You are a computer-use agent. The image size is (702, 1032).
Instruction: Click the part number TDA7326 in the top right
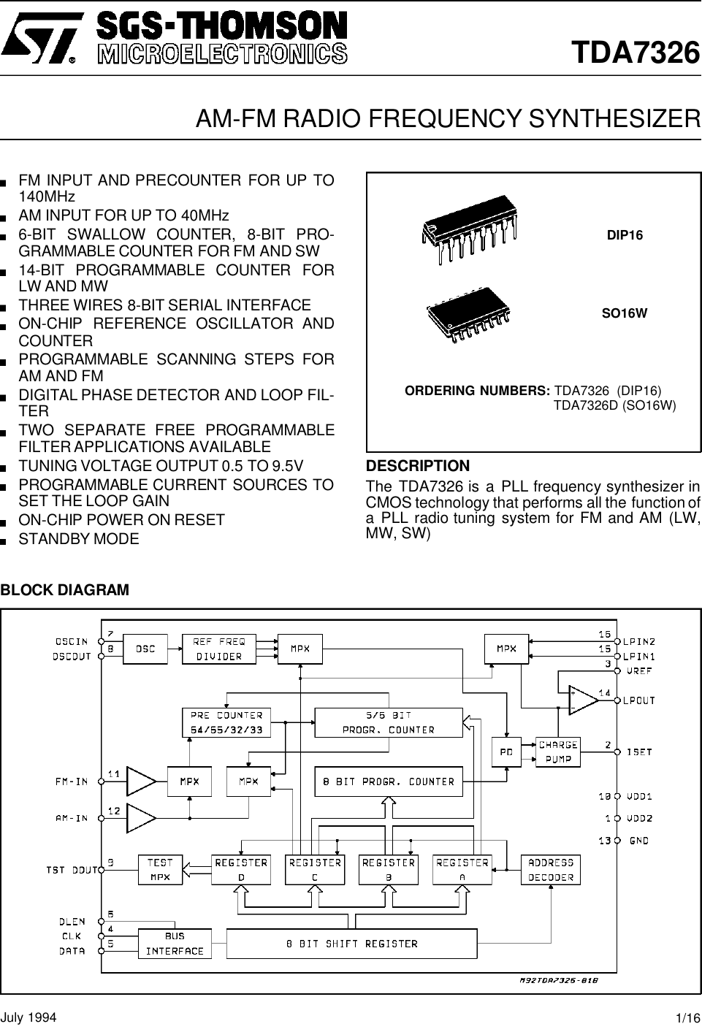click(x=636, y=53)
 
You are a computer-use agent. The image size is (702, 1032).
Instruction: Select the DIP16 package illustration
click(x=468, y=229)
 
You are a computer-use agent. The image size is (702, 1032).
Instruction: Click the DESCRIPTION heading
click(x=418, y=466)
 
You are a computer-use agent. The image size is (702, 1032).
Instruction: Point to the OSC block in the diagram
click(x=146, y=649)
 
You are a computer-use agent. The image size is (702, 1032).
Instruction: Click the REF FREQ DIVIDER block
click(x=219, y=649)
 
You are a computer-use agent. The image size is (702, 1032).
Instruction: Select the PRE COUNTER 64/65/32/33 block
click(x=226, y=722)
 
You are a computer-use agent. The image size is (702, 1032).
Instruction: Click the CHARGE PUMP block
click(x=558, y=752)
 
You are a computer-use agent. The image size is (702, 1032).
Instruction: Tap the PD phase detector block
click(x=505, y=752)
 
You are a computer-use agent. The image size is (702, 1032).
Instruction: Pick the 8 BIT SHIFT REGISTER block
click(x=351, y=944)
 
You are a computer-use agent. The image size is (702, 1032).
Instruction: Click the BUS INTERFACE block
click(x=175, y=944)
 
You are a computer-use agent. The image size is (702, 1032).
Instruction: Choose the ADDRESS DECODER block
click(x=551, y=870)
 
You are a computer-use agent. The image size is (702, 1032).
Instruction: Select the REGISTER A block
click(x=462, y=870)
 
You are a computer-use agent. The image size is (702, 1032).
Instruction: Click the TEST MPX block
click(x=160, y=870)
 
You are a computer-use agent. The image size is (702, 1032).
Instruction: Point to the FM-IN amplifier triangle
click(x=141, y=781)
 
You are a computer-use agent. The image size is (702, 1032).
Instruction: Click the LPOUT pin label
click(x=639, y=700)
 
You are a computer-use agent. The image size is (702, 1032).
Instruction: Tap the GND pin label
click(x=639, y=841)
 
